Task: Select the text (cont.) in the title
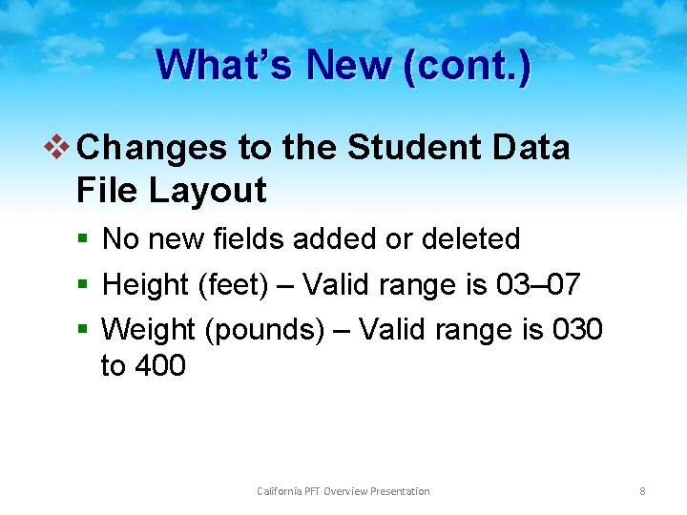[468, 66]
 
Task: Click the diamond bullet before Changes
[61, 148]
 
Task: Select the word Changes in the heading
[152, 148]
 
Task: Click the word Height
[146, 284]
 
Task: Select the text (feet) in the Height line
[230, 284]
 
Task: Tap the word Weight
[148, 329]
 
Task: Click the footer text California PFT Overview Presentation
[343, 491]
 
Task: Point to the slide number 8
[642, 491]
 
